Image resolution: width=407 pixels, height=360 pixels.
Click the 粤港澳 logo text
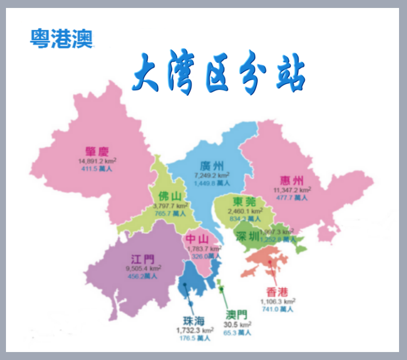61,38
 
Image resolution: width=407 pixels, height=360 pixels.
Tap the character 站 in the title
288,75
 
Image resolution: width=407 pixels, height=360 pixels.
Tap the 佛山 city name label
170,196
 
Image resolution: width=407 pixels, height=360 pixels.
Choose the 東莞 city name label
244,202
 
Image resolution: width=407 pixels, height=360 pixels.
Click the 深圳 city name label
248,236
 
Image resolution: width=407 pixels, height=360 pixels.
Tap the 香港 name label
277,292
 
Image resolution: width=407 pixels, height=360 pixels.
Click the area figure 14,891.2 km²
98,161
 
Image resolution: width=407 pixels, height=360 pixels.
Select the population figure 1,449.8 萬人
212,183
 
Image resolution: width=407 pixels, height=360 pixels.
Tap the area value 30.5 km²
237,325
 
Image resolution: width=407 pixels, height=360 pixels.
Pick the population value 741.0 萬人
277,309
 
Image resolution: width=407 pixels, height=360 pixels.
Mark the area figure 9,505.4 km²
143,268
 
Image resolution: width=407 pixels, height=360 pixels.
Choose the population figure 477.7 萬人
292,198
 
